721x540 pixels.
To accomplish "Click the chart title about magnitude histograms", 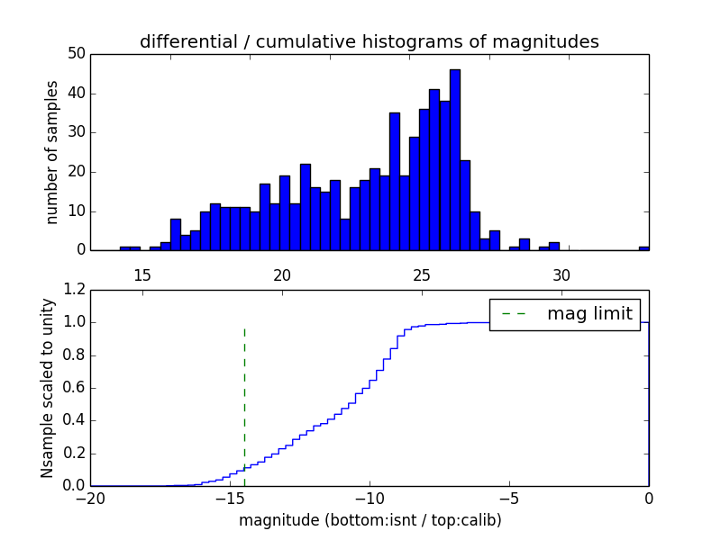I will click(369, 41).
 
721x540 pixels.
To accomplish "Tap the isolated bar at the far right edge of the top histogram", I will click(643, 247).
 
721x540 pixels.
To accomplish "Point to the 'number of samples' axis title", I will click(52, 151).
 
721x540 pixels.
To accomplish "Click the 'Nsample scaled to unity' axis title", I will click(48, 388).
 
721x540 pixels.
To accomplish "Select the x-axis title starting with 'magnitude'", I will click(369, 520).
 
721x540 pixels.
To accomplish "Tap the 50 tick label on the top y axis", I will click(76, 54).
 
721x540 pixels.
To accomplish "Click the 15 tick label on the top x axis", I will click(142, 275).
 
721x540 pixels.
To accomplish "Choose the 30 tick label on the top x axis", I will click(561, 275).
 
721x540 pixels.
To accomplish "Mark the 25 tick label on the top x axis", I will click(422, 275).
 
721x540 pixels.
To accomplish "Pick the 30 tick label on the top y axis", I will click(76, 132).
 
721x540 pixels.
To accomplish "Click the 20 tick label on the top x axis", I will click(282, 275).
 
